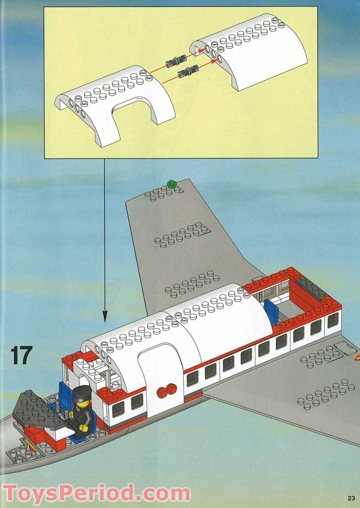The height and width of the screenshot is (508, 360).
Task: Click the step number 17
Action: (x=21, y=355)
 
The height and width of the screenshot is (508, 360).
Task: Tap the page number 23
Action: (x=351, y=498)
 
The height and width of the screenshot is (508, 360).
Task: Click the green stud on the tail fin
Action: (x=171, y=184)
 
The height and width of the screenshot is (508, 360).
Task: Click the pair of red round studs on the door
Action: (x=167, y=390)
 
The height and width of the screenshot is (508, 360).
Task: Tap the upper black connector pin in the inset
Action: (x=176, y=61)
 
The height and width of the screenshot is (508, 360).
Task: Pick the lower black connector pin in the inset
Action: (x=188, y=71)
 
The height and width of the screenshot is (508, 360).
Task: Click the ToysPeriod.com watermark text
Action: (x=96, y=493)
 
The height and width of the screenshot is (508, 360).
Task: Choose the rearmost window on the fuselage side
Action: (x=333, y=320)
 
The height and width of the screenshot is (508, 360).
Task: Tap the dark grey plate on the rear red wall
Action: (x=312, y=287)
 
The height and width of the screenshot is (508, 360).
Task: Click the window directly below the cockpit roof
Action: (x=118, y=410)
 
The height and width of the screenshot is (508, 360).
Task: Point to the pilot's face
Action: (x=80, y=404)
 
